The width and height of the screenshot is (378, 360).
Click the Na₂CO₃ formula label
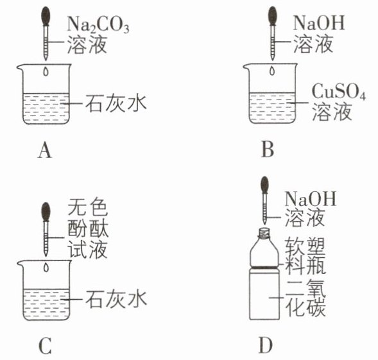point(98,24)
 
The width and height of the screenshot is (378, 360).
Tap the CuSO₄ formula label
point(339,92)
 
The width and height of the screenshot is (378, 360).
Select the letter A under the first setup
point(44,150)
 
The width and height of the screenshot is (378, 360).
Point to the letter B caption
point(268,150)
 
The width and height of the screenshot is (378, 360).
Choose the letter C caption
point(45,345)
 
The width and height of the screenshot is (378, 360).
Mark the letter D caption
point(266,345)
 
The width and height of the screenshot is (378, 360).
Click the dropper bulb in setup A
point(46,16)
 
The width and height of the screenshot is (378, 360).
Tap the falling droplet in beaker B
point(272,71)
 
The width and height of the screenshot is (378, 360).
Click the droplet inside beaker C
point(46,268)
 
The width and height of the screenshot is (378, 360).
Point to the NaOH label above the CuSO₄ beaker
point(319,23)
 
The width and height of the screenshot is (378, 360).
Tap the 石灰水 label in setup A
point(116,104)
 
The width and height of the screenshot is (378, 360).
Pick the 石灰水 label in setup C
point(116,299)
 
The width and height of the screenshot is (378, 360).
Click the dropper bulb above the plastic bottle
point(264,185)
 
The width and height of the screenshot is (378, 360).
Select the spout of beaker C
point(20,264)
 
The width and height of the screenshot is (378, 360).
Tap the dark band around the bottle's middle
point(264,267)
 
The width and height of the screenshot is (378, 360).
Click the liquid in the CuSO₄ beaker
point(272,108)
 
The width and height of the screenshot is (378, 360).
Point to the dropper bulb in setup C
point(46,212)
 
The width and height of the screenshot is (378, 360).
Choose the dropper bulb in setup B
point(272,16)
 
